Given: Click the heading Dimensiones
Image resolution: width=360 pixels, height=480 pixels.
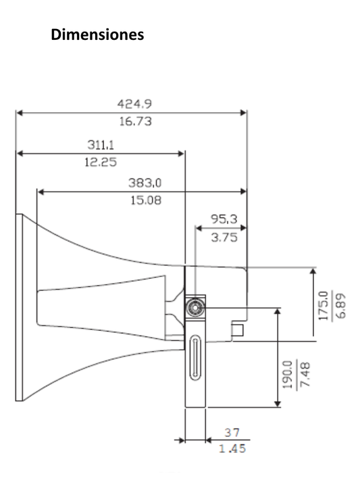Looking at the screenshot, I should pos(97,34).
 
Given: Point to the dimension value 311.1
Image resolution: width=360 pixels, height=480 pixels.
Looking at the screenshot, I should pos(100,144).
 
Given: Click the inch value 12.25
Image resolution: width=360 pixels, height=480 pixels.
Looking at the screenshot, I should pos(100,162).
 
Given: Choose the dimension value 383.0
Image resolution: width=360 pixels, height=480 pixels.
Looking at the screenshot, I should pos(145,182).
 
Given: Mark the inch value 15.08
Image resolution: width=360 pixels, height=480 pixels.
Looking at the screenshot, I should pos(145,201).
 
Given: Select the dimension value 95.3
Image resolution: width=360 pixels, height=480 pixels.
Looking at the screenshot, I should pos(223,219).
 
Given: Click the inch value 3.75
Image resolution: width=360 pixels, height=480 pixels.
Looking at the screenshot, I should pos(223,238).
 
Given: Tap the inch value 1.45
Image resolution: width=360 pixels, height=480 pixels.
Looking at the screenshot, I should pos(232,448).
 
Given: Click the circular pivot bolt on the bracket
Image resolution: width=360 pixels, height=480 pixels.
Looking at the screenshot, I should pos(195,307).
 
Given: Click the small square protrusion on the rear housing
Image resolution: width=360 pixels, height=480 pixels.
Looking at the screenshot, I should pos(237,329).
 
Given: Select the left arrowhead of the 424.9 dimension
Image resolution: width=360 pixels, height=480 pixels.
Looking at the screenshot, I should pos(18,113).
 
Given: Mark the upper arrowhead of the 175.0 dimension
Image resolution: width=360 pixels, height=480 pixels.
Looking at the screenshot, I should pos(313,271).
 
